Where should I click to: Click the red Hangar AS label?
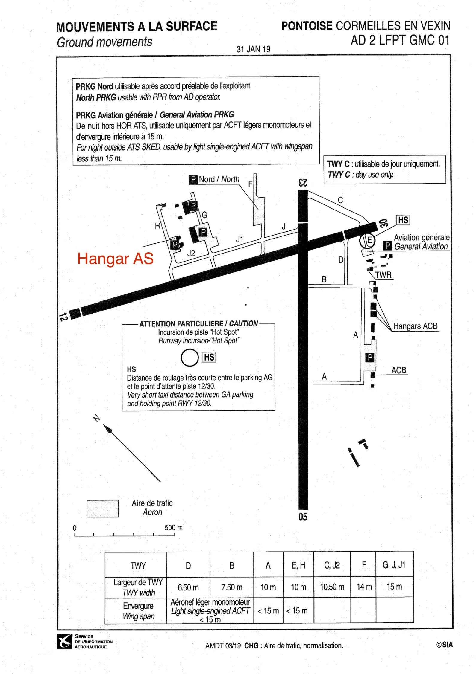coord(115,259)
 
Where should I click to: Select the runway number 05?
coord(303,517)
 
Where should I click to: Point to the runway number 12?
coord(63,317)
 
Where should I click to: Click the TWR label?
coord(383,275)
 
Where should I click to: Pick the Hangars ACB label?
coord(415,326)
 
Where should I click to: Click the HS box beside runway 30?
coord(403,220)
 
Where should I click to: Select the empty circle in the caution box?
coord(190,358)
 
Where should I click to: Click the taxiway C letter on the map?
coord(340,200)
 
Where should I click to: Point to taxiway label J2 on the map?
coord(191,254)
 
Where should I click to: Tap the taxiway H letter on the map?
coord(157,226)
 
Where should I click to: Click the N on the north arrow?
coord(96,419)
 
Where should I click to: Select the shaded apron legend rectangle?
coord(103,508)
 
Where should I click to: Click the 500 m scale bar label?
coord(173,528)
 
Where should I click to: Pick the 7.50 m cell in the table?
coord(232,587)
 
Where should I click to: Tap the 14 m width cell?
coord(364,587)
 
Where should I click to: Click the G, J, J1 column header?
coord(394,565)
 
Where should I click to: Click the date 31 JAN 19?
coord(253,49)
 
